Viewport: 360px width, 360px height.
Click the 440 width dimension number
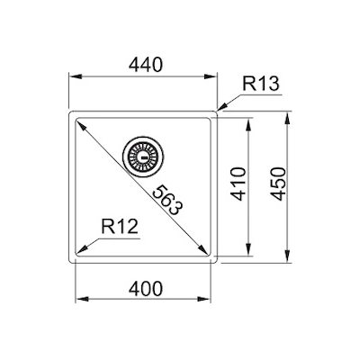tap(144, 65)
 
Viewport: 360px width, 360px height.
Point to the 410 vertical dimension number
tap(238, 186)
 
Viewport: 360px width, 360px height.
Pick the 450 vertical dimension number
tap(277, 186)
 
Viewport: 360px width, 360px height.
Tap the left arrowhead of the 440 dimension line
tap(75, 76)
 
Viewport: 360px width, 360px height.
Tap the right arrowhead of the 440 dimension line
tap(215, 76)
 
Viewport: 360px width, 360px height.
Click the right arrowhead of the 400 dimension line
tap(209, 300)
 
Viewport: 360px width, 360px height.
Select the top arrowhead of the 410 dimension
tap(248, 122)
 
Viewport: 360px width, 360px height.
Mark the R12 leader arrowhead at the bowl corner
tap(83, 250)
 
